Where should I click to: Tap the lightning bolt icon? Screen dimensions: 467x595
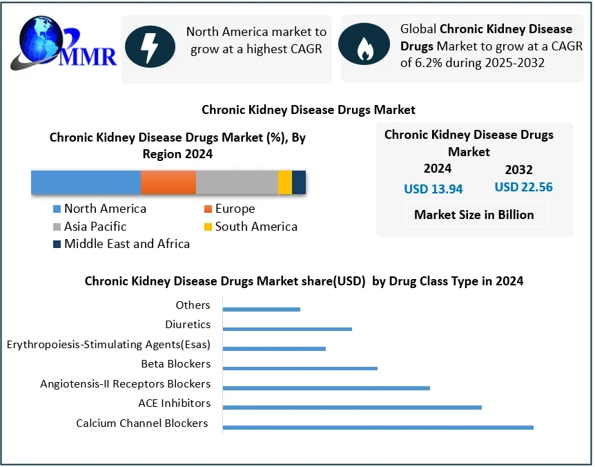(150, 47)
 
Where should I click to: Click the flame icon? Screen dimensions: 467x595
(363, 47)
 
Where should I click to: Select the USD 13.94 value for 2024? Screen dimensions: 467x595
(433, 189)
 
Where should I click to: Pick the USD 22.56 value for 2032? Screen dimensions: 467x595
(523, 187)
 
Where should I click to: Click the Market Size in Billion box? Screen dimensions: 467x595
(474, 214)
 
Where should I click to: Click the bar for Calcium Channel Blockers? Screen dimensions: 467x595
(378, 427)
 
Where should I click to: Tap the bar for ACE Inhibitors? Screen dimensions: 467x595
(352, 407)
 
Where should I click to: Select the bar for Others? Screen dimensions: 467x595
(262, 309)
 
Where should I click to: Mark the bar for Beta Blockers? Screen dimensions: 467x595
(300, 368)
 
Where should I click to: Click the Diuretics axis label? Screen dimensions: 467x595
(188, 324)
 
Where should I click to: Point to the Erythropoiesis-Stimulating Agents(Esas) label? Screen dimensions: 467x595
(108, 344)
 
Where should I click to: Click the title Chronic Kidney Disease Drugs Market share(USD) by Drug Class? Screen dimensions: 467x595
(304, 280)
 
